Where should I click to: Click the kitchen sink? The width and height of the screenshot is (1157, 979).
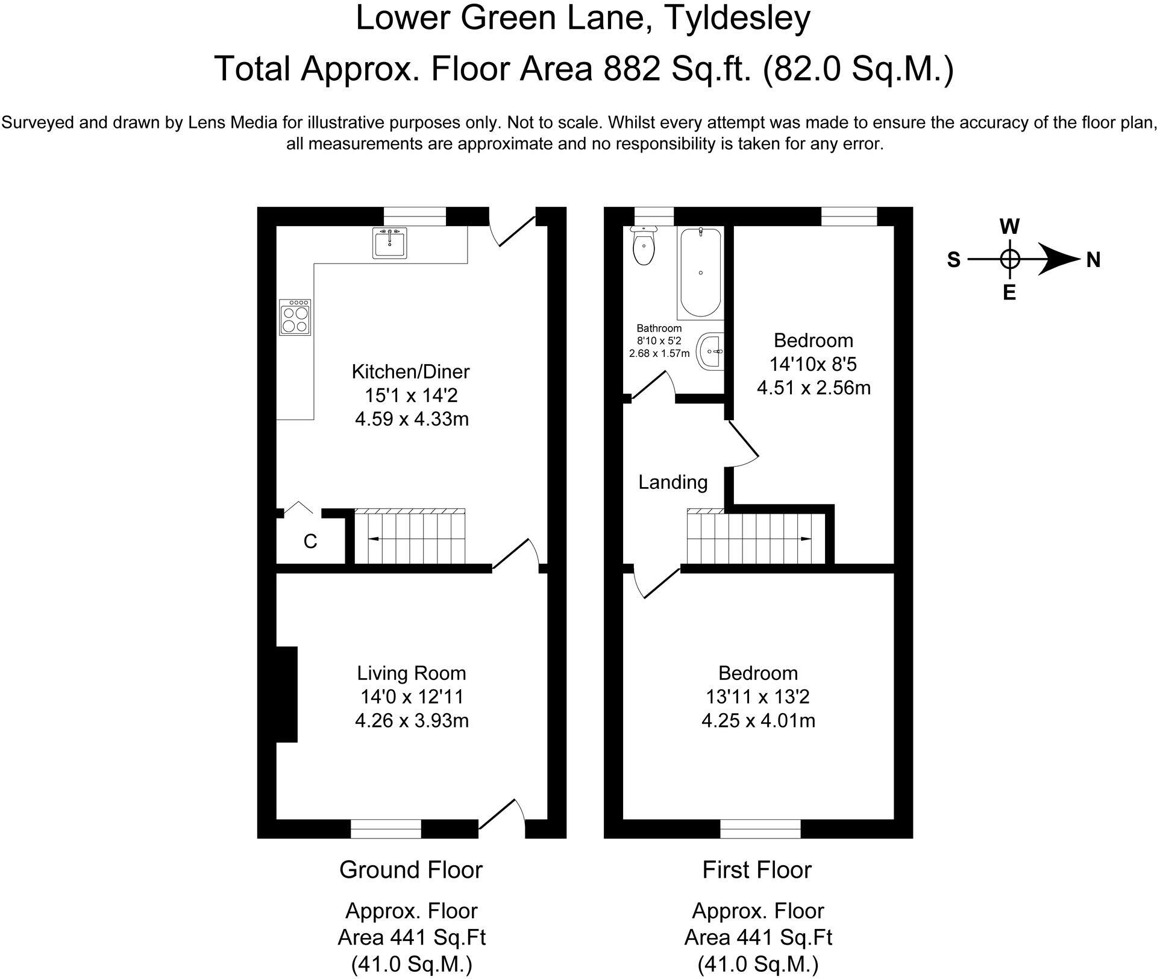(x=390, y=242)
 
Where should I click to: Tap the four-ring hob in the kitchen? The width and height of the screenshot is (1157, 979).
(x=295, y=317)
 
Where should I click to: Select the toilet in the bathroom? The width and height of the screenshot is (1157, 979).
(x=644, y=246)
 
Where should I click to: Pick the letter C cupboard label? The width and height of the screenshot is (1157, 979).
(x=310, y=542)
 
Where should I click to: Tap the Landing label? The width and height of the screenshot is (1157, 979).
(x=673, y=482)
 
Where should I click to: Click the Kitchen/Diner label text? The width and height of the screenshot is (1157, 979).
(x=410, y=372)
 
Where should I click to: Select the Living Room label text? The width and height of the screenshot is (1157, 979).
(x=412, y=673)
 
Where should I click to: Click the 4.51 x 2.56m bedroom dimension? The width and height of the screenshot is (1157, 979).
(x=814, y=388)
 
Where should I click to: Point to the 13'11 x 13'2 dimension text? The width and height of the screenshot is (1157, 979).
(x=758, y=697)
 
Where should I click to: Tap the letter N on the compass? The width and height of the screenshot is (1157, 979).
(x=1093, y=260)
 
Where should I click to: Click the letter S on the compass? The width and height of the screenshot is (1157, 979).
(x=953, y=260)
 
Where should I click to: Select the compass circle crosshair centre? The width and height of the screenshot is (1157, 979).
(x=1010, y=260)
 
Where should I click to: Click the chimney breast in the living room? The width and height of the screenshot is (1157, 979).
(x=287, y=694)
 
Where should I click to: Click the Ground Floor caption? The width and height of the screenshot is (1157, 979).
(x=411, y=870)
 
